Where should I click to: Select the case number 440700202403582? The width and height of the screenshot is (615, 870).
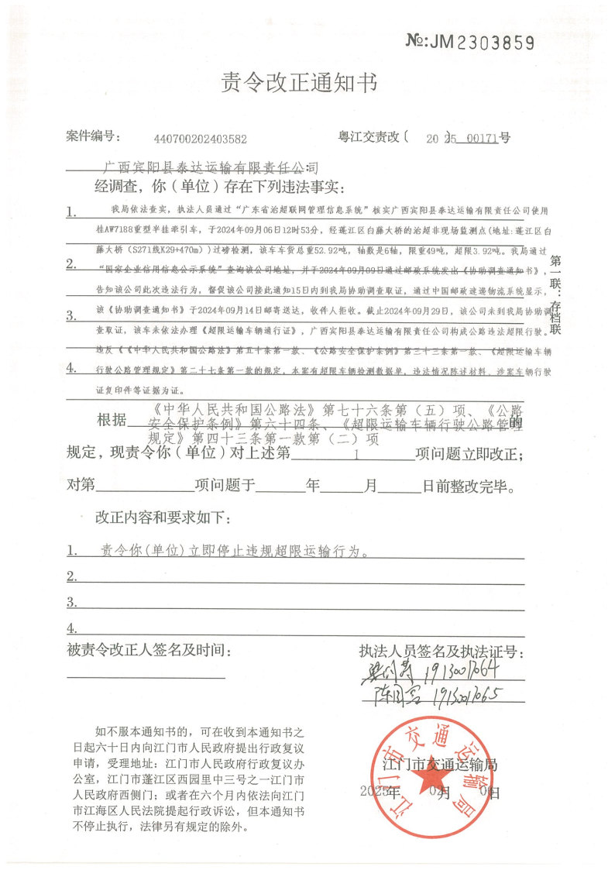click(201, 139)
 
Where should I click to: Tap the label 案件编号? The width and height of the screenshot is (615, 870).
click(92, 137)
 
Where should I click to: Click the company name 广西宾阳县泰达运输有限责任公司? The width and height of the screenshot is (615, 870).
click(211, 167)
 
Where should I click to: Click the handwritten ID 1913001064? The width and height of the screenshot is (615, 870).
click(457, 669)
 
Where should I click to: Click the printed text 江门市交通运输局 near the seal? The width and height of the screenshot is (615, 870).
click(440, 765)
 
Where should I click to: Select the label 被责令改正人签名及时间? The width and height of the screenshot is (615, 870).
click(149, 648)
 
